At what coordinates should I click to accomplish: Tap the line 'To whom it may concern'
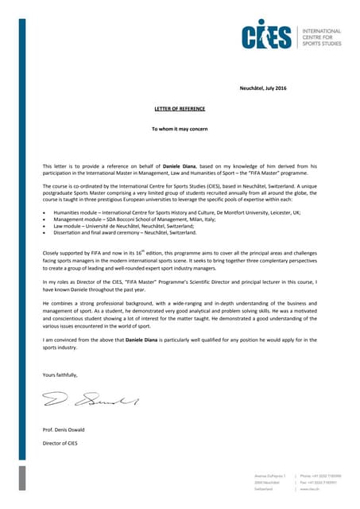click(x=180, y=127)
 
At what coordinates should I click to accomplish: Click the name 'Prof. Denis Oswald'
click(x=64, y=429)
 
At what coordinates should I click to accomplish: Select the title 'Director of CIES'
click(x=60, y=442)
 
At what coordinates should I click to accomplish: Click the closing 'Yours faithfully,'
click(x=60, y=375)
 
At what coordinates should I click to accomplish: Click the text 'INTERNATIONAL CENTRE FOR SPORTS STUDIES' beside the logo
click(x=321, y=37)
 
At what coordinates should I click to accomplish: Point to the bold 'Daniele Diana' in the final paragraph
click(x=145, y=340)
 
